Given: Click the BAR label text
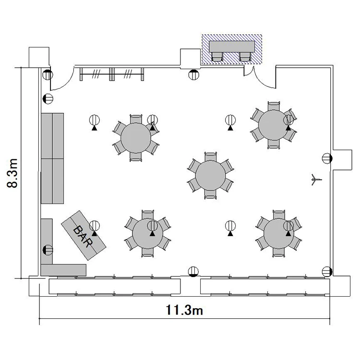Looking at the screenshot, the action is (x=84, y=236).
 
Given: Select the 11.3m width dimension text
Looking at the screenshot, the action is (x=184, y=310).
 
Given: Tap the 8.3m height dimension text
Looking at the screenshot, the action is (x=12, y=173).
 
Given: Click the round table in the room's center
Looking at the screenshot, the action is (x=210, y=175).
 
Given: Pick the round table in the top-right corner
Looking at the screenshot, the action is (x=273, y=125).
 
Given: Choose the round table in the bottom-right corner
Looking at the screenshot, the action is (x=279, y=233).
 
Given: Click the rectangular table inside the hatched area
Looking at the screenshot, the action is (x=232, y=47).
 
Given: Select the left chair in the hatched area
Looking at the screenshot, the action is (x=217, y=57).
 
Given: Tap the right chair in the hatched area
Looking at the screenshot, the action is (x=245, y=57).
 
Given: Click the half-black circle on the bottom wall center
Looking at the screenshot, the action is (x=193, y=272).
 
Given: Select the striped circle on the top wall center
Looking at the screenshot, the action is (x=194, y=74).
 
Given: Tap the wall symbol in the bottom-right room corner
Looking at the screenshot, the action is (x=327, y=272).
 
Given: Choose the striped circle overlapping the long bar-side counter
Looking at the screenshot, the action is (x=48, y=250).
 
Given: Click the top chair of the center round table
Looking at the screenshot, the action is (x=211, y=156).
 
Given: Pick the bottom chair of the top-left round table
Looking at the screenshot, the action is (x=136, y=157).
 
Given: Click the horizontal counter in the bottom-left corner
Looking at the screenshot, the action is (x=63, y=270).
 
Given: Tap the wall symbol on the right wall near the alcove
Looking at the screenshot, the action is (x=327, y=158).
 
